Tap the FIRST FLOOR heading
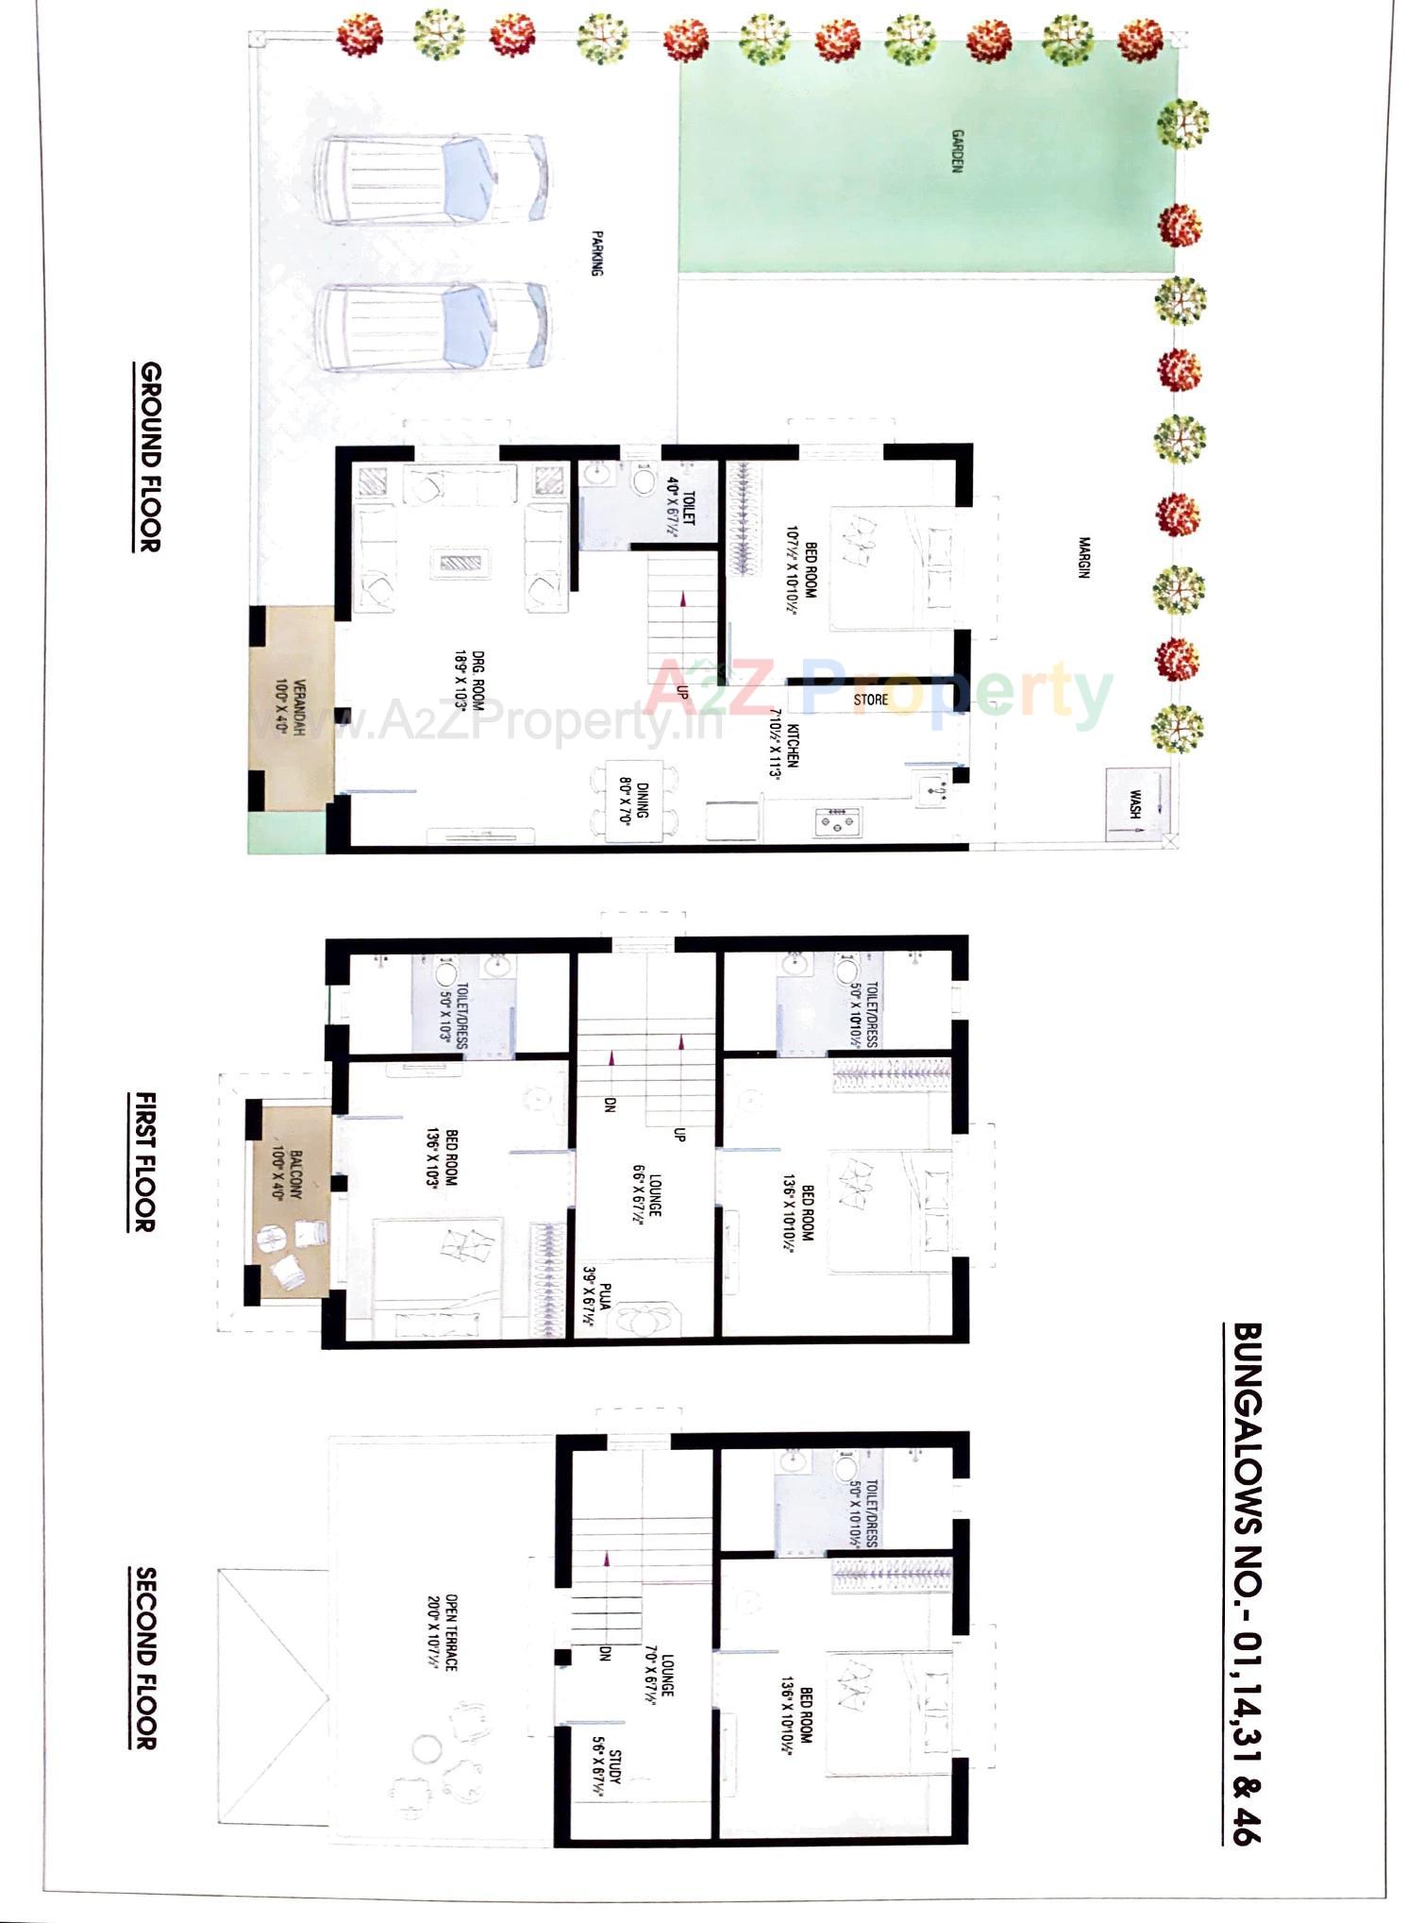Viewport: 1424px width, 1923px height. (144, 1161)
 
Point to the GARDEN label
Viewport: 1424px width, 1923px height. (957, 151)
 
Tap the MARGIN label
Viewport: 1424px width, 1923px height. (1084, 557)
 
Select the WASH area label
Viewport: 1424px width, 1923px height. (1133, 805)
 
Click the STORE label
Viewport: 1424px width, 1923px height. (870, 700)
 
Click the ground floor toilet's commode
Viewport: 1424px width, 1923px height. (645, 482)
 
